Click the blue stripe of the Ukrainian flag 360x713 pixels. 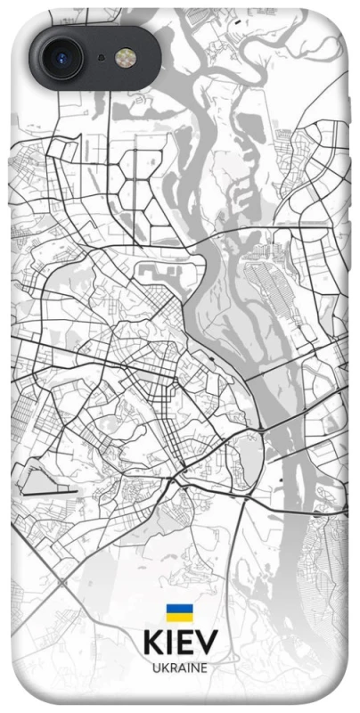[179, 608]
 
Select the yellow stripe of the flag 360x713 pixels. [179, 616]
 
